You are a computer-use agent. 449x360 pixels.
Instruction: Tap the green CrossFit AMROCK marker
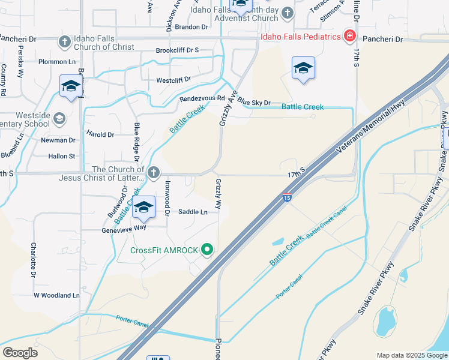(208, 250)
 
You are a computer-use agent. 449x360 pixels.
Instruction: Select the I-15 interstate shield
(288, 197)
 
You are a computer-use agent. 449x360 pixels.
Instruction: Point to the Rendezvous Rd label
(202, 99)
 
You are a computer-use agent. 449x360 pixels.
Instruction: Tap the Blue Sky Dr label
(254, 103)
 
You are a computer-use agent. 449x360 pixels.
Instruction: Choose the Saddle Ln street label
(193, 212)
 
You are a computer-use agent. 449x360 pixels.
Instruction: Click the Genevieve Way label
(123, 227)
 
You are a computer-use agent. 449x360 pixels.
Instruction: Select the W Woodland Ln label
(56, 295)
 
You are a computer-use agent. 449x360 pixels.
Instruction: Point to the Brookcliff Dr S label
(177, 50)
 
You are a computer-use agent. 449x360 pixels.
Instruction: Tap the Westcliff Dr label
(173, 79)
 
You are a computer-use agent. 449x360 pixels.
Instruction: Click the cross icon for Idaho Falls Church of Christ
(65, 42)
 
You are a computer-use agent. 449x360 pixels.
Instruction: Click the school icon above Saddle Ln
(143, 207)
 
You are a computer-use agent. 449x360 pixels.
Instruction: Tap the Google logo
(20, 352)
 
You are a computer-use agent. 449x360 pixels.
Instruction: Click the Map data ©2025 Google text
(411, 355)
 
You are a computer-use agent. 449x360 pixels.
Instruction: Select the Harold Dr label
(100, 135)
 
